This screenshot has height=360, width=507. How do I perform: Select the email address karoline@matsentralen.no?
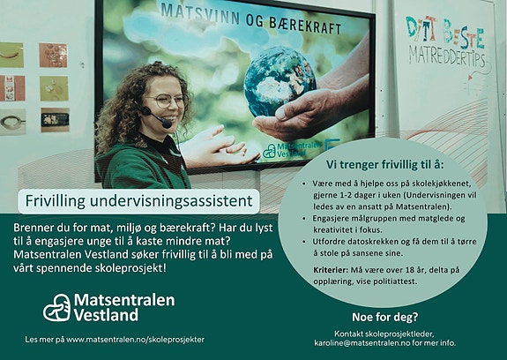pos(362,341)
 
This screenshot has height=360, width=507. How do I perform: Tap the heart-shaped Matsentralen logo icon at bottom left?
pos(57,307)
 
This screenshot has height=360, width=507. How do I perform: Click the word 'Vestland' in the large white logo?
pos(106,315)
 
